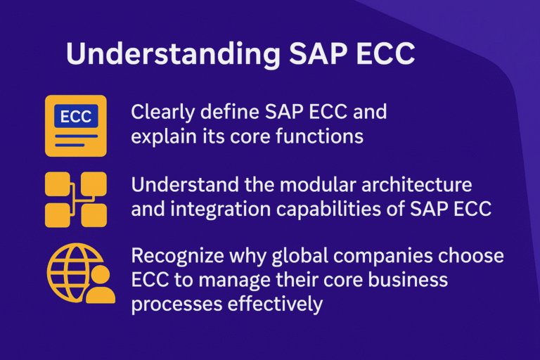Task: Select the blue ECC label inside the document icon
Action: click(x=76, y=116)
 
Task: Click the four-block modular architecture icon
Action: click(x=76, y=200)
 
